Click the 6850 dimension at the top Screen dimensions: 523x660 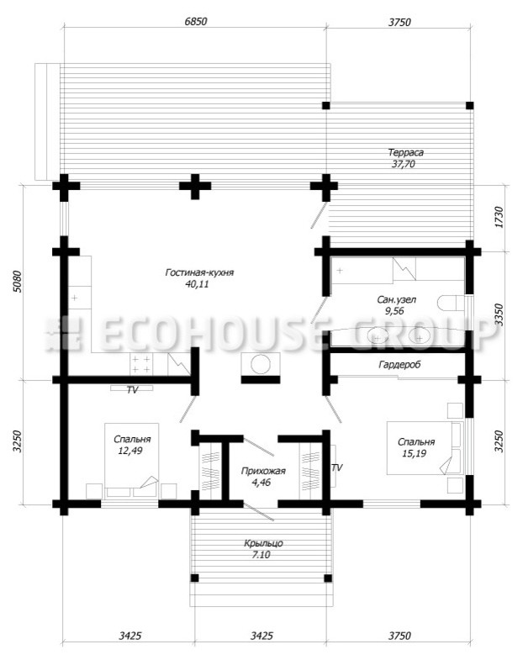click(196, 22)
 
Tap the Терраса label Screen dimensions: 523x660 click(405, 152)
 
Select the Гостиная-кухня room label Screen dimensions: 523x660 click(199, 272)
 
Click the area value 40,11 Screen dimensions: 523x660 click(197, 284)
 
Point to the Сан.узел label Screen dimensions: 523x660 click(396, 299)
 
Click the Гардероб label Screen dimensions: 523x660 click(399, 365)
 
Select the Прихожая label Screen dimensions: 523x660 click(263, 471)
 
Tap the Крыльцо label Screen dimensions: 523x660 click(263, 543)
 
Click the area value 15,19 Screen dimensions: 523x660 click(416, 454)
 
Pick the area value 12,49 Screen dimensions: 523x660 click(131, 451)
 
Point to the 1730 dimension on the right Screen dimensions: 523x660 click(499, 217)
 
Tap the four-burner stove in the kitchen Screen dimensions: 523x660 click(140, 364)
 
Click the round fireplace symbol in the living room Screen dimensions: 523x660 click(260, 365)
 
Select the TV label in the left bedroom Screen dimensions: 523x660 click(132, 390)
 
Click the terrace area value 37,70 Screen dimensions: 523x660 click(404, 164)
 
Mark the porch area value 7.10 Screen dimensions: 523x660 click(261, 555)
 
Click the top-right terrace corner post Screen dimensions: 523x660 click(469, 106)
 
